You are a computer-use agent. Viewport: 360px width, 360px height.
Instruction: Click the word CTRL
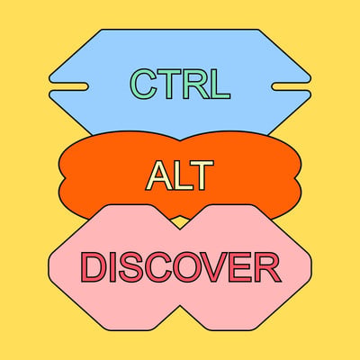[x=180, y=84]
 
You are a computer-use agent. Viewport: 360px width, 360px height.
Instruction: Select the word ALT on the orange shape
[x=180, y=175]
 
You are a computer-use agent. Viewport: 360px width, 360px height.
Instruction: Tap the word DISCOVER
[x=181, y=267]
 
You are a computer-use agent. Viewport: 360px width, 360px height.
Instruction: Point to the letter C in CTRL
[x=142, y=84]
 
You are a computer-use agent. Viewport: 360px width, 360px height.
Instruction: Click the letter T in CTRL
[x=169, y=84]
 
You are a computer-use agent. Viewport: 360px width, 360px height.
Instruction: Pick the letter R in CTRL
[x=196, y=84]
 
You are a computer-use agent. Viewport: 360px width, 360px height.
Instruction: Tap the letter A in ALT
[x=159, y=175]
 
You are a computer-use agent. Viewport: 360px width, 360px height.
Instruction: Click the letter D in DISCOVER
[x=94, y=267]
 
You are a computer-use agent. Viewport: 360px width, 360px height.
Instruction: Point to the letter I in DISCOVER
[x=112, y=267]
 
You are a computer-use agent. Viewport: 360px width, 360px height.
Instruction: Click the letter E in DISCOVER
[x=242, y=267]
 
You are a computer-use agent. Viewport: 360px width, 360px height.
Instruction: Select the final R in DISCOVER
[x=268, y=267]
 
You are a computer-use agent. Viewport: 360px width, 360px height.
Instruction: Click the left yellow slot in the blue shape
[x=69, y=86]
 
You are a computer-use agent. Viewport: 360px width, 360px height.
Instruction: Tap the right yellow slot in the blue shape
[x=292, y=86]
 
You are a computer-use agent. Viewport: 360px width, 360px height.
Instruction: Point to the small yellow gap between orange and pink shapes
[x=180, y=223]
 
